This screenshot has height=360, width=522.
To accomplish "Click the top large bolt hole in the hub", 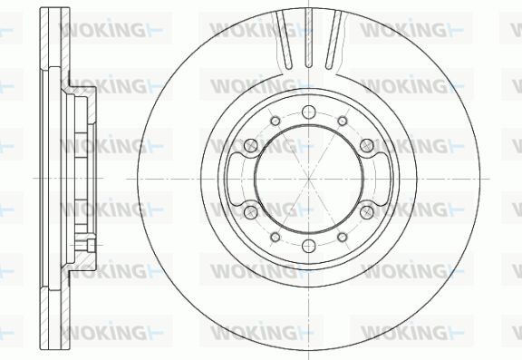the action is [309, 112].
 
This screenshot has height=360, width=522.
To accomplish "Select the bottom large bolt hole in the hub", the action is [309, 246].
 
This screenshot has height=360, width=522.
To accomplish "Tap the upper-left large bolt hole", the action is [251, 145].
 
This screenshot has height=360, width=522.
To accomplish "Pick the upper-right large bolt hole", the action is [367, 145].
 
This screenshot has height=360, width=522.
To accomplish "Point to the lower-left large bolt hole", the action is [251, 212].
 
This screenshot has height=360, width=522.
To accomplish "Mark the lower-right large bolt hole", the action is [367, 212].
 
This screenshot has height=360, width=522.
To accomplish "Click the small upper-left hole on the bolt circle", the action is [275, 121].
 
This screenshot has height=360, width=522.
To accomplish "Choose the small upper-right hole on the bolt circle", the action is [343, 121].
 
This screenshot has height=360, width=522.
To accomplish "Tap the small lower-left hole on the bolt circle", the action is [275, 237].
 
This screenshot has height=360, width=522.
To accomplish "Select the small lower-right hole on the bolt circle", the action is [343, 237].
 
